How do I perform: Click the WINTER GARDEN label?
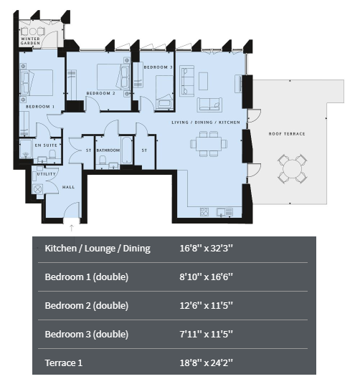pyautogui.click(x=30, y=41)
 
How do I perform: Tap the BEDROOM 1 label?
pyautogui.click(x=40, y=107)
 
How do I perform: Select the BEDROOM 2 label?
pyautogui.click(x=100, y=93)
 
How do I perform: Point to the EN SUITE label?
pyautogui.click(x=46, y=145)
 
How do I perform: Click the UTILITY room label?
pyautogui.click(x=47, y=174)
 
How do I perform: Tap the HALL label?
pyautogui.click(x=68, y=187)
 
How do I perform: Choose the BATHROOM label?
pyautogui.click(x=108, y=150)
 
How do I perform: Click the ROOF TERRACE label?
pyautogui.click(x=287, y=134)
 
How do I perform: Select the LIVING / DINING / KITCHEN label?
pyautogui.click(x=206, y=123)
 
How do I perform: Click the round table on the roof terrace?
pyautogui.click(x=292, y=169)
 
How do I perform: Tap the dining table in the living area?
pyautogui.click(x=209, y=144)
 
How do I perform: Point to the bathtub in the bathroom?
pyautogui.click(x=126, y=150)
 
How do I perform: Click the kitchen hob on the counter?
pyautogui.click(x=204, y=211)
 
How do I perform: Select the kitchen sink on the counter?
pyautogui.click(x=224, y=212)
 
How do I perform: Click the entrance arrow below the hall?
pyautogui.click(x=71, y=228)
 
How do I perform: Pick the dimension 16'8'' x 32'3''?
pyautogui.click(x=206, y=248)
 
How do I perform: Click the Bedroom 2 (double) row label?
pyautogui.click(x=87, y=305)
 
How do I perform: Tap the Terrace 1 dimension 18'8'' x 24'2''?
pyautogui.click(x=206, y=363)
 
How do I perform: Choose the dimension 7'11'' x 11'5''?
pyautogui.click(x=206, y=334)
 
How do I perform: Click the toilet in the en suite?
pyautogui.click(x=52, y=154)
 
